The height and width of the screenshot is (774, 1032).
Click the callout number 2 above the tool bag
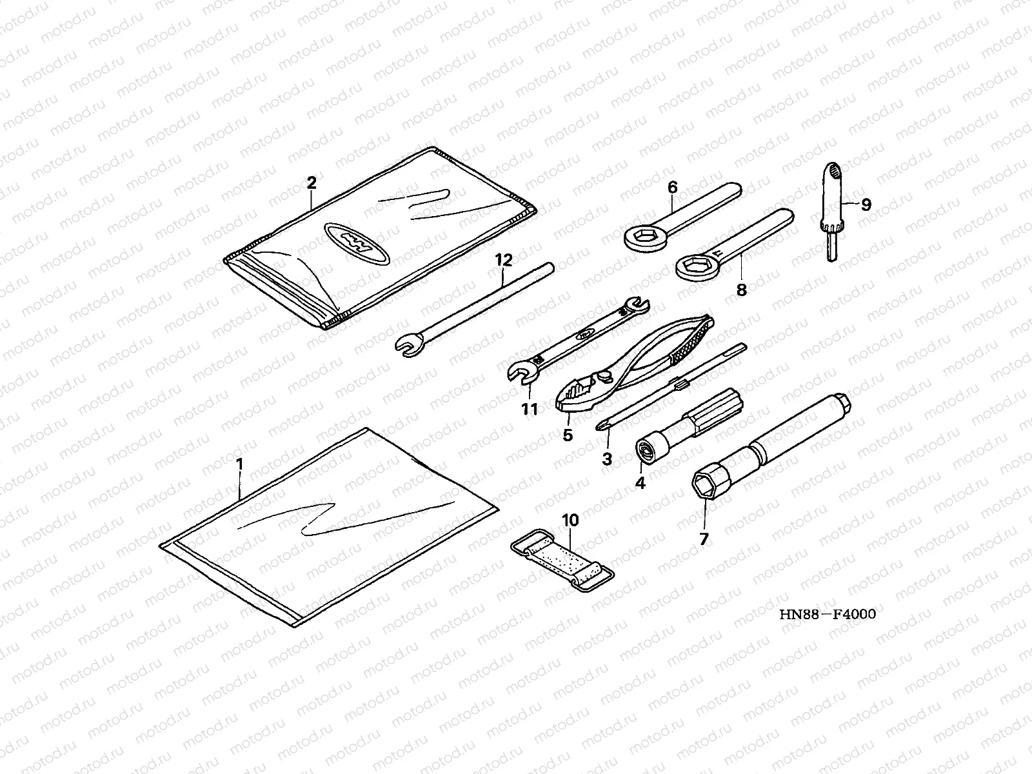click(x=312, y=183)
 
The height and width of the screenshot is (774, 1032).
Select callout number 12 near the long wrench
click(x=503, y=260)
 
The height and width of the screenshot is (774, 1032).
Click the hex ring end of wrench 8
click(x=695, y=266)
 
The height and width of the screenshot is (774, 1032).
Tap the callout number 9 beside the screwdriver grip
click(x=866, y=204)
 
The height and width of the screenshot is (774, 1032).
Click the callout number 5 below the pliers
click(x=567, y=435)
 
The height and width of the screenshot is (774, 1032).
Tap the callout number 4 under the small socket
click(x=640, y=482)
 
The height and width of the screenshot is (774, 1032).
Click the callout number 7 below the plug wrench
click(x=704, y=539)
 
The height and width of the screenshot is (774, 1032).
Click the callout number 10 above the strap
click(x=570, y=520)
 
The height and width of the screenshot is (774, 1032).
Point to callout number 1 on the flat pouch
click(x=239, y=463)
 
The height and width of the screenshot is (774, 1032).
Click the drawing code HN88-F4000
click(x=828, y=613)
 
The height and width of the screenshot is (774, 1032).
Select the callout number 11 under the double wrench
click(x=530, y=410)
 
